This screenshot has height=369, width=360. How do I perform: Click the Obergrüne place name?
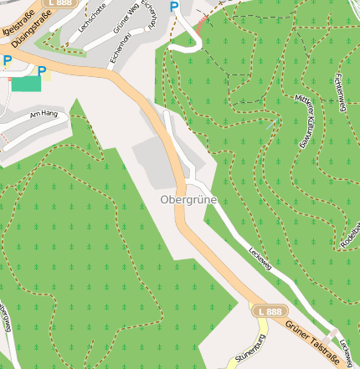point(188,201)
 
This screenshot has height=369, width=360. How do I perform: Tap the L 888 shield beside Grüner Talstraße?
point(270,311)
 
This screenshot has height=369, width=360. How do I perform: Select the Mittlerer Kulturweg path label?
point(308,121)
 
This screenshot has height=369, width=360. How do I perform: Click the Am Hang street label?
point(43,114)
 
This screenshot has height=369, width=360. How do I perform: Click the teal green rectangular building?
point(26,83)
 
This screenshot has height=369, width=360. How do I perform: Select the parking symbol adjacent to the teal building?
point(42,72)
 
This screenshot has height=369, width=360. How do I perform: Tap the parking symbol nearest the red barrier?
point(174,8)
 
